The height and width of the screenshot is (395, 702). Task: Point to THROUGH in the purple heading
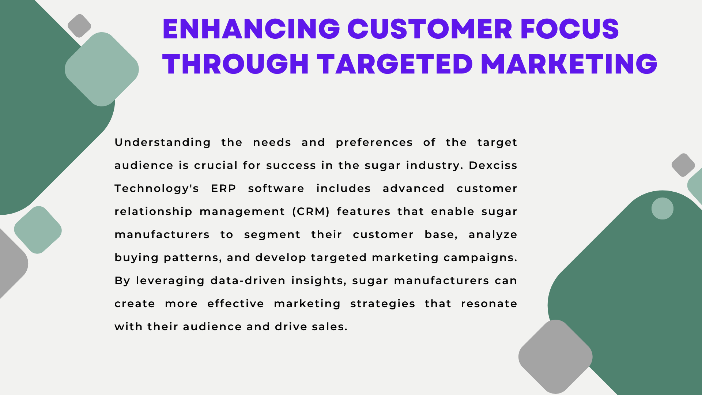(236, 64)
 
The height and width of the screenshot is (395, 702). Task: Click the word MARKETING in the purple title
(569, 64)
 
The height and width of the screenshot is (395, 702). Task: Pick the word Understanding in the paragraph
(163, 143)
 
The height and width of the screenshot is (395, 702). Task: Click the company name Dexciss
(493, 165)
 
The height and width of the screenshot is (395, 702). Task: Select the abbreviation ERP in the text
(223, 188)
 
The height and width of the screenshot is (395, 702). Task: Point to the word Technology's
(156, 189)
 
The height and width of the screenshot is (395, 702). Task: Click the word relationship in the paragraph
(154, 212)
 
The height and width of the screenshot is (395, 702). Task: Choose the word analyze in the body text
(493, 235)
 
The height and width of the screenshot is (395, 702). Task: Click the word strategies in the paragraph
(382, 304)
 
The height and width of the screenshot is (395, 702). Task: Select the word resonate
(489, 304)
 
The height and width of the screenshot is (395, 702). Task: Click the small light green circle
(663, 208)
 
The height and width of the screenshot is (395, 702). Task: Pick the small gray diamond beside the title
(79, 26)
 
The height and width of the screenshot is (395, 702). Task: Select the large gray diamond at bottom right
(555, 357)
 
